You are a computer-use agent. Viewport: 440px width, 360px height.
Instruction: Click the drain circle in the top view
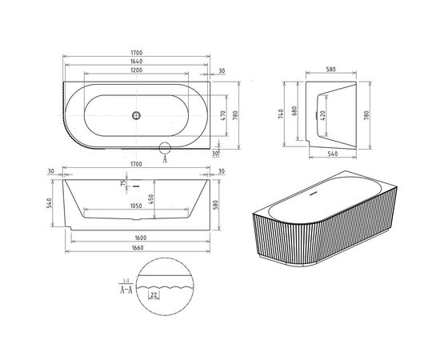click(136, 116)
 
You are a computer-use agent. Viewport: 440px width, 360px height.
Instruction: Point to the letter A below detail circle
click(165, 159)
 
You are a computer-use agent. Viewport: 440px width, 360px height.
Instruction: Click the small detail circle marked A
click(165, 146)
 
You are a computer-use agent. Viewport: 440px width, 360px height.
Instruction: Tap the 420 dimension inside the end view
click(323, 114)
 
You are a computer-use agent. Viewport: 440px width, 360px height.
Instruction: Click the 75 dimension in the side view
click(122, 184)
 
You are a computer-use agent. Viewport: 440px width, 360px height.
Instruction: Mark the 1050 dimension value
click(136, 205)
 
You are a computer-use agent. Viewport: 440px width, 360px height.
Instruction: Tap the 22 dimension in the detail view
click(152, 294)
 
